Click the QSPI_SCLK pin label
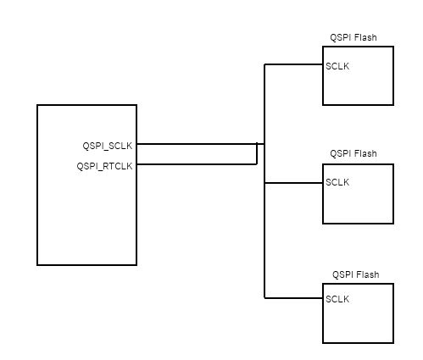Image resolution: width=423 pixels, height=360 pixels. (x=107, y=145)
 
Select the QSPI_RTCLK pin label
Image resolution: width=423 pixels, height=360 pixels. (x=104, y=165)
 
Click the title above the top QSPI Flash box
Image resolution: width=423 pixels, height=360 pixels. (x=353, y=38)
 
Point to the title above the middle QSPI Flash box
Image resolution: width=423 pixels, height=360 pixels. (x=353, y=154)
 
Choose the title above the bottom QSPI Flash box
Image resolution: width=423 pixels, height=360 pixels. (x=355, y=274)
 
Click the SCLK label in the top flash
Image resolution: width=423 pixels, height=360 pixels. (x=337, y=65)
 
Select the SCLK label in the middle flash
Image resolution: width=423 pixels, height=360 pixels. (x=337, y=182)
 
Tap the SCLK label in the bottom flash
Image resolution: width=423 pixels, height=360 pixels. (x=337, y=299)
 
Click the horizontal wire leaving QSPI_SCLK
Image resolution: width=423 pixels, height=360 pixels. (x=195, y=144)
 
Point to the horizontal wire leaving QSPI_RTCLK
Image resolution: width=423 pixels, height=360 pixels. (x=195, y=164)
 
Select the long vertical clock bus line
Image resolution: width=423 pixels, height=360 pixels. (x=264, y=237)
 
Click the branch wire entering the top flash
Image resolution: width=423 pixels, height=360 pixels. (x=293, y=64)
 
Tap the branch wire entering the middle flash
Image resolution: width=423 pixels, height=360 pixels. (x=293, y=182)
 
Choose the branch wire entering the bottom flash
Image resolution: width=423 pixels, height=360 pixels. (x=293, y=298)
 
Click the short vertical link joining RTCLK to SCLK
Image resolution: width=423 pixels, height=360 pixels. (x=257, y=154)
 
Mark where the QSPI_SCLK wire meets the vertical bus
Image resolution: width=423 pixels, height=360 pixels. (x=264, y=144)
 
